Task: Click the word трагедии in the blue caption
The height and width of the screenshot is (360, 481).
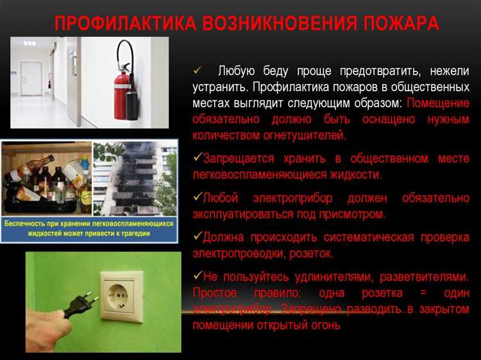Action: [130, 234]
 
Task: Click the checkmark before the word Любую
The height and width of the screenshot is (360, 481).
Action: [198, 70]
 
